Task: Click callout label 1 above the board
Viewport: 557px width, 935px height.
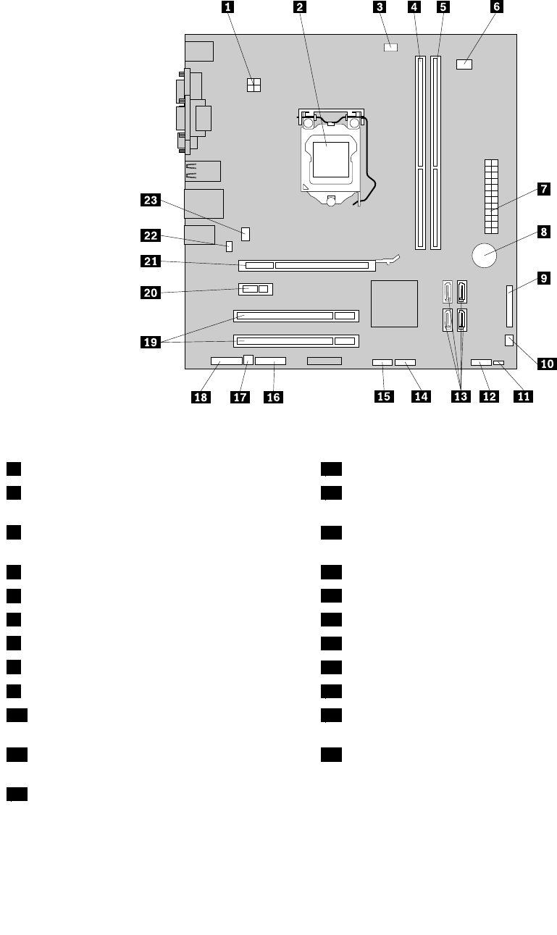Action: (229, 8)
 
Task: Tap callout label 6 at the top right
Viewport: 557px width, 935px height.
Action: (496, 8)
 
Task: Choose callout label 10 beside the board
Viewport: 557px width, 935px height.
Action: (547, 364)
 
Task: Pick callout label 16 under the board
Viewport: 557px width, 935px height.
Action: (273, 396)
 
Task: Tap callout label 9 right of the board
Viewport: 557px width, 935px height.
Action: (543, 277)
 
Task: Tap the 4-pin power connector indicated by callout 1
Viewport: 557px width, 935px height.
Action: (254, 85)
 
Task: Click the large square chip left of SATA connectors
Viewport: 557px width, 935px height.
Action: (395, 303)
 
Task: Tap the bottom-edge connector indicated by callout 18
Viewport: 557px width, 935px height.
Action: (226, 361)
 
